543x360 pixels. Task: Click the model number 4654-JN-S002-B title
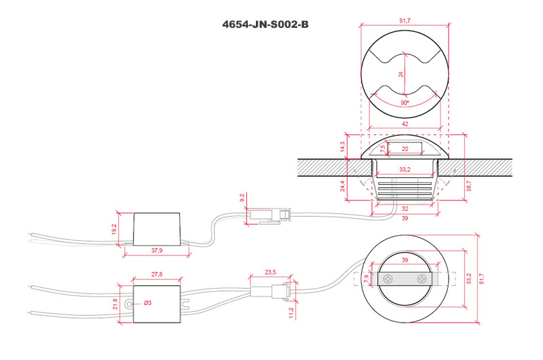[265, 24]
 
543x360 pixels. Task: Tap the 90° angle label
[405, 103]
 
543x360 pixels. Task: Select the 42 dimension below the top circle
[405, 124]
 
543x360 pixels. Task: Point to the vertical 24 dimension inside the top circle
[400, 74]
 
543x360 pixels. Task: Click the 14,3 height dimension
[343, 146]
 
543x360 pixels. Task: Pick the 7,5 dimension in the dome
[383, 149]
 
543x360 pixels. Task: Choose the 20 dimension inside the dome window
[405, 149]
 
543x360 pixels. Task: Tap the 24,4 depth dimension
[343, 186]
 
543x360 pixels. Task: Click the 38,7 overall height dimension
[469, 185]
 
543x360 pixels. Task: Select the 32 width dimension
[405, 209]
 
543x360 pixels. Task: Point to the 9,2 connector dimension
[242, 198]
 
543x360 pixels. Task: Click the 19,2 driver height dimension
[114, 229]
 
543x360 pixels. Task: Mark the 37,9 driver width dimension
[157, 250]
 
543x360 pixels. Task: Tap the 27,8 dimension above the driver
[157, 274]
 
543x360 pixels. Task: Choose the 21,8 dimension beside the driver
[115, 304]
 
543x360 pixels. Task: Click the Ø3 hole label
[147, 303]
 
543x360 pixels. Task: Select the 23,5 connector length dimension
[270, 272]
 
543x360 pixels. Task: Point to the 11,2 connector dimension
[291, 312]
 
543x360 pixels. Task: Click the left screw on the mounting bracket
[388, 278]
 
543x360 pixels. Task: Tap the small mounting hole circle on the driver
[130, 304]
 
